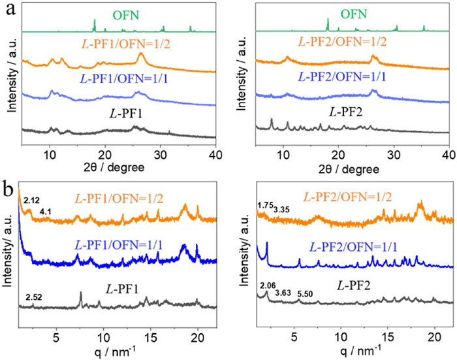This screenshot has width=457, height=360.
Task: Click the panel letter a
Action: click(6, 8)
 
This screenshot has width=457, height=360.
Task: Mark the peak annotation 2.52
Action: click(34, 298)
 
